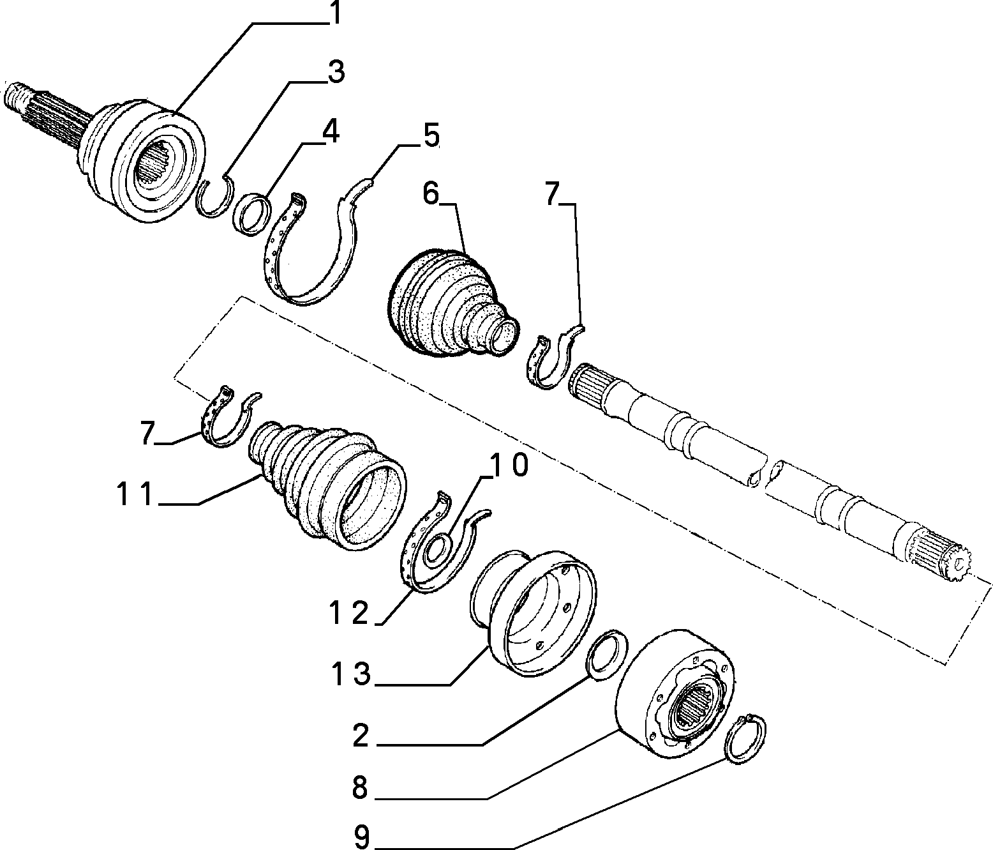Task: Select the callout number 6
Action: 431,194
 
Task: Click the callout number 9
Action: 362,837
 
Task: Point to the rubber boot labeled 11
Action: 327,485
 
